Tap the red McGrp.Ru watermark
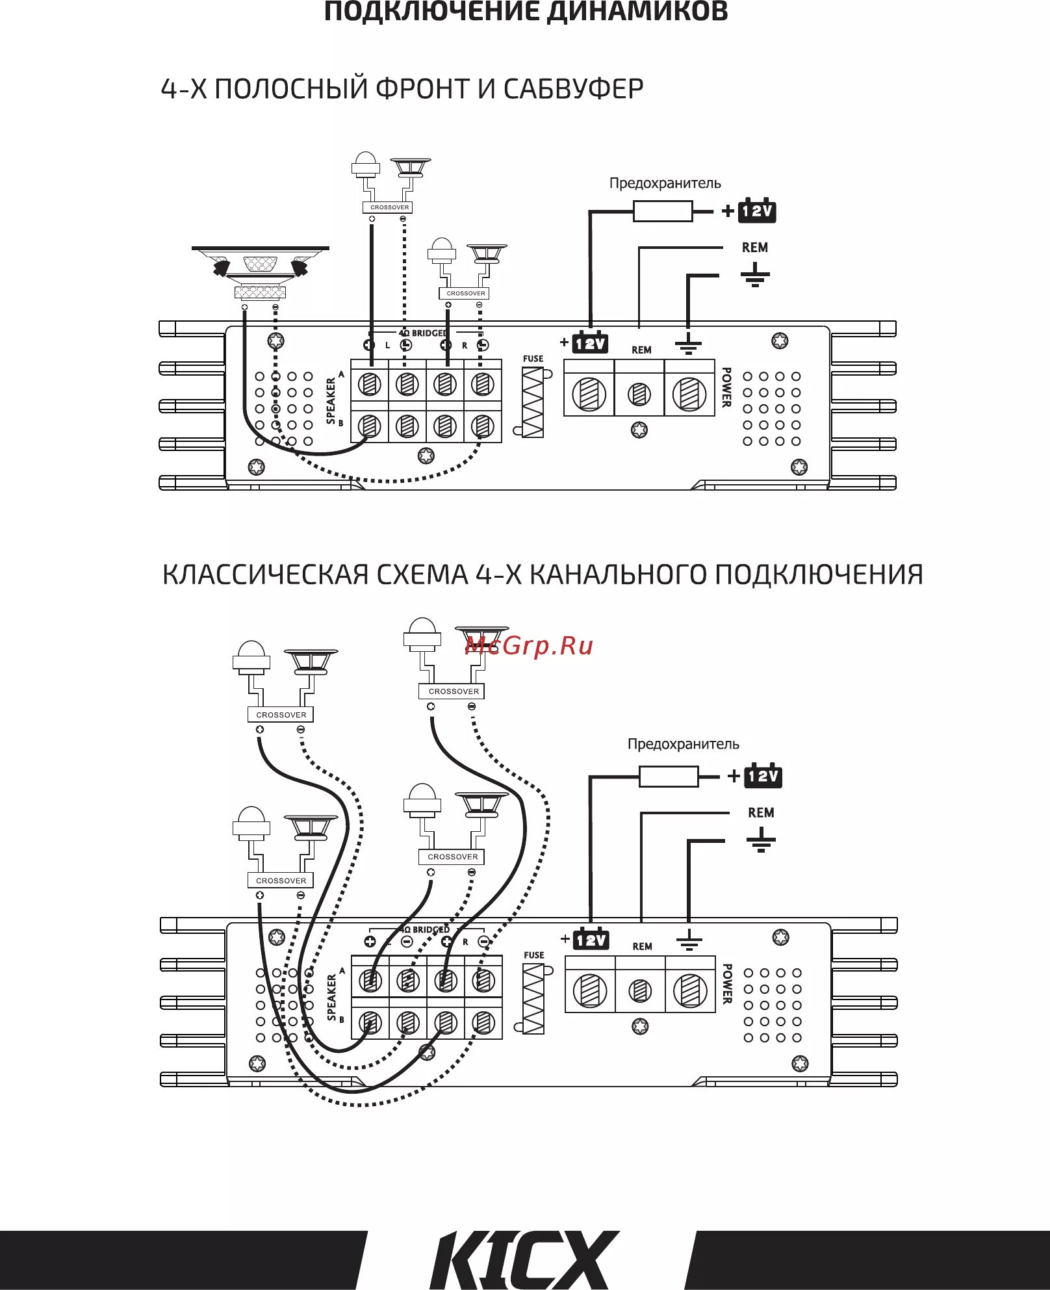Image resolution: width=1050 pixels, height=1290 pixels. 529,646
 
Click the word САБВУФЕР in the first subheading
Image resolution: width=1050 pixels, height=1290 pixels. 573,89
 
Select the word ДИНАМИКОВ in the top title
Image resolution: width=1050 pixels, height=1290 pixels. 637,12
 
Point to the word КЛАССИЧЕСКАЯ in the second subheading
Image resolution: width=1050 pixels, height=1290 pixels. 266,574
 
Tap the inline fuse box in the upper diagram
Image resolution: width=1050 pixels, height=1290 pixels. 662,211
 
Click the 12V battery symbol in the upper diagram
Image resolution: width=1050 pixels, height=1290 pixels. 757,211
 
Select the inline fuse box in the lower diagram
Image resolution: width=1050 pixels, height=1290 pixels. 668,777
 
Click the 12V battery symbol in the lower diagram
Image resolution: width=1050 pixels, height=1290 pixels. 763,776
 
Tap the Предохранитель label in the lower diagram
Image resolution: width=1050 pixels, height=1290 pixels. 683,744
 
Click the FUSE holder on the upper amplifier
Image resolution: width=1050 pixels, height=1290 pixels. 533,402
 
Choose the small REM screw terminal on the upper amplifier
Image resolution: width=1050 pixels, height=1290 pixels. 639,394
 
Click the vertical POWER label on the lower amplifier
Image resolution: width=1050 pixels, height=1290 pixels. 727,983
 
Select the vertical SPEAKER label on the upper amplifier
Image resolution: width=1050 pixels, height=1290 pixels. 331,401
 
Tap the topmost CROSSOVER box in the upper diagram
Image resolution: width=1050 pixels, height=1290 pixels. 389,207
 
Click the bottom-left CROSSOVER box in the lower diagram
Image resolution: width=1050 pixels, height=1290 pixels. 281,881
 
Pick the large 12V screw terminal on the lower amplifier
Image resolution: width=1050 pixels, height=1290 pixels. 590,990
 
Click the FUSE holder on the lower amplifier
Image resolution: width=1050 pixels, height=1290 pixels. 533,999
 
